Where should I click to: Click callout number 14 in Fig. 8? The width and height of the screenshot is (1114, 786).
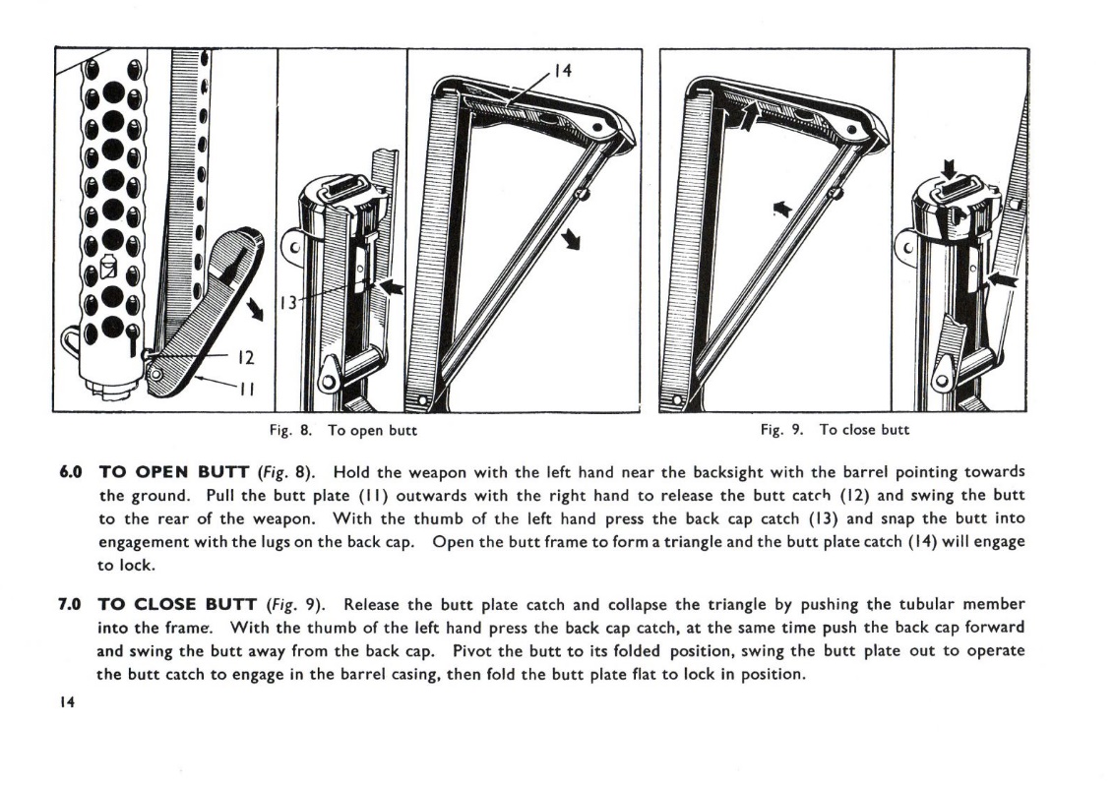coord(562,70)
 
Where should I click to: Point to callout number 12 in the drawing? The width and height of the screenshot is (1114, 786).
coord(246,357)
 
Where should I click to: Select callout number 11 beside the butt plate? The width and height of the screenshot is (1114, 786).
coord(246,387)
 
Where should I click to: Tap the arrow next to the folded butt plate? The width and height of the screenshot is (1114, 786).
coord(255,310)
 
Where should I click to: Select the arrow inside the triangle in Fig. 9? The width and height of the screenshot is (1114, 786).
coord(782,208)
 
